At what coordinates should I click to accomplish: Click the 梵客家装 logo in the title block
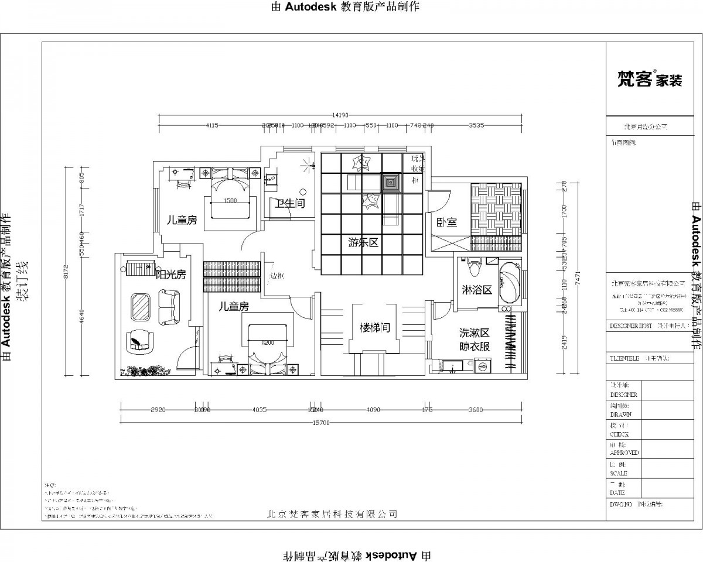tap(650, 80)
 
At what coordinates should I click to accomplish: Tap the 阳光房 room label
tap(170, 273)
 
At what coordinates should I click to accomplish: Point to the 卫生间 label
tap(291, 204)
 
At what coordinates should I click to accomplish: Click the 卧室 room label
tap(448, 222)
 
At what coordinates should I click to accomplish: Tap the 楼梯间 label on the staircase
tap(375, 328)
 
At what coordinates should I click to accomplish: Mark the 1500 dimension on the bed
tap(230, 201)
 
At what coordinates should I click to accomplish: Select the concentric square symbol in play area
tap(391, 183)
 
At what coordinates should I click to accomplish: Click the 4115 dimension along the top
tap(212, 125)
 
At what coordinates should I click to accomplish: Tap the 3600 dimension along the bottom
tap(476, 410)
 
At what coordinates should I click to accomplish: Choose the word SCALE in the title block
tap(619, 473)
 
